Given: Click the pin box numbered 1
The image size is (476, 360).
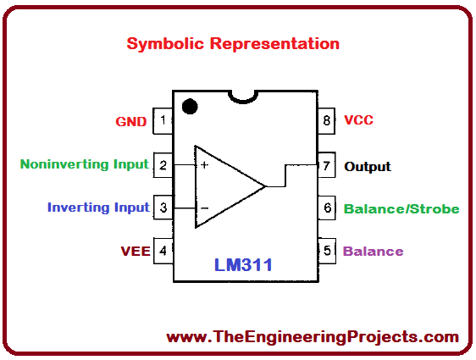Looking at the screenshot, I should coord(163,120).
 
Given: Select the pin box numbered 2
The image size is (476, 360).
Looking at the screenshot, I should coord(163,164).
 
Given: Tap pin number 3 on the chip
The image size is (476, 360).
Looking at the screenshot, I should coord(163,208).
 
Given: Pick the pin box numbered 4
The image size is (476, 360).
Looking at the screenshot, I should coord(163,251).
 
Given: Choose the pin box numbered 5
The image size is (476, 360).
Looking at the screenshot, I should coord(326,251).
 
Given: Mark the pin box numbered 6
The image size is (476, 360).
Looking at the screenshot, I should coord(326,208).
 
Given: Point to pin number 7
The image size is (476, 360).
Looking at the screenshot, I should coord(326,164).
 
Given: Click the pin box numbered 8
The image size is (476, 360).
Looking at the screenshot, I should coord(326,120).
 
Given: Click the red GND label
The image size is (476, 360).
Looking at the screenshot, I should coord(131,121).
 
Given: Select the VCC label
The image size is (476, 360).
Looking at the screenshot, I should coord(358,120).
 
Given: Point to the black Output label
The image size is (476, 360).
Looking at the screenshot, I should coord(368,166).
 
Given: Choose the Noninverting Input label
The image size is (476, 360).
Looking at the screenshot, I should coord(84,164).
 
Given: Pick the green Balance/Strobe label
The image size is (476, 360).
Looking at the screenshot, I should coord(401,208).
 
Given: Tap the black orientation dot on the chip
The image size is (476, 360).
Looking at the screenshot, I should coord(190,107).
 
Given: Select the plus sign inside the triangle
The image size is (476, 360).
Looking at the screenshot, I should coord(204,164).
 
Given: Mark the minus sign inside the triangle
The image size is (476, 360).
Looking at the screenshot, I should coord(204,208).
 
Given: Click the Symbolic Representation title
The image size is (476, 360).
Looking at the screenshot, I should coord(233,43).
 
